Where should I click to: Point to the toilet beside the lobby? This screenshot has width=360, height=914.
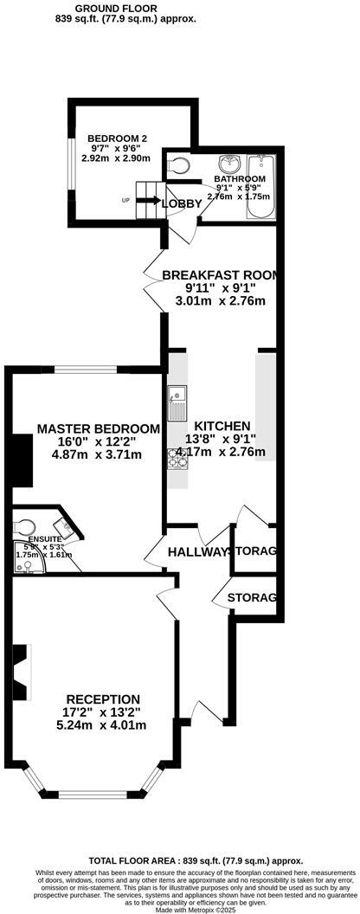[178, 164]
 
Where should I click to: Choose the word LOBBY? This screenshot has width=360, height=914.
[181, 204]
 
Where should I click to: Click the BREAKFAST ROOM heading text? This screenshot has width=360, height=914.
[221, 275]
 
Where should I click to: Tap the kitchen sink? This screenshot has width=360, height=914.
[177, 398]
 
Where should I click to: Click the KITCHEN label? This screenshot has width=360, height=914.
[222, 426]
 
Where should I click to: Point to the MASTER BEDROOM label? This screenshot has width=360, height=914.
[98, 428]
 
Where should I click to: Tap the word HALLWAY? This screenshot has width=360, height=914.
[198, 551]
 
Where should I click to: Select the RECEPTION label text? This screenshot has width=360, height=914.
[103, 699]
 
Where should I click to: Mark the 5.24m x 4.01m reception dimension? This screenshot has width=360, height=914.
[103, 726]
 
